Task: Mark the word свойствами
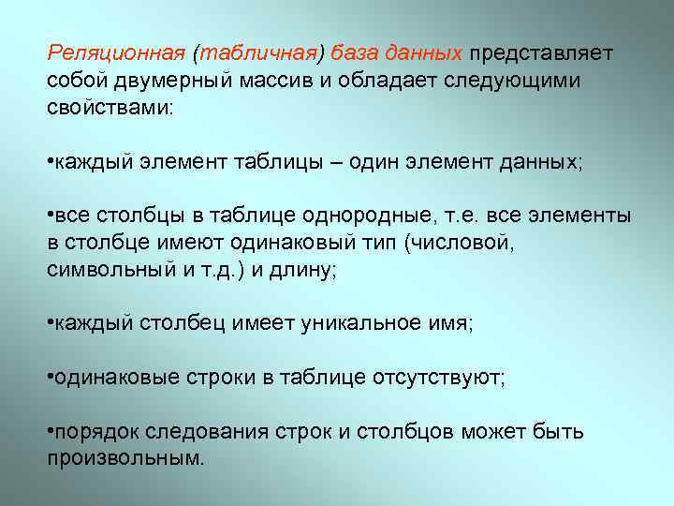point(109,107)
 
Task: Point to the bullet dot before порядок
point(50,432)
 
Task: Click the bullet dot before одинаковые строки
point(50,378)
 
